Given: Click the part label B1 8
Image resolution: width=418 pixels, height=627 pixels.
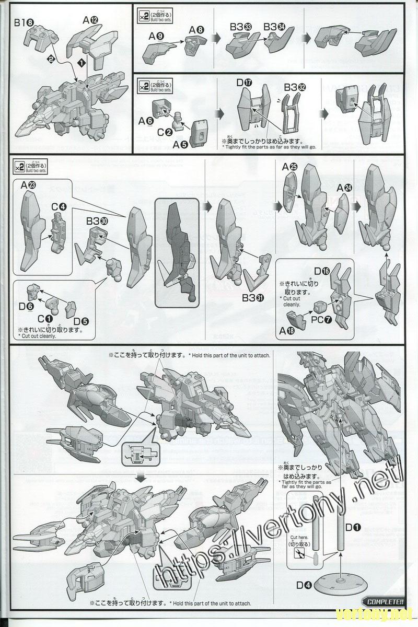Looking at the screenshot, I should click(25, 23).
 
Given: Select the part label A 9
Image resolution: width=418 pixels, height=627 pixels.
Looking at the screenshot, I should click(156, 36).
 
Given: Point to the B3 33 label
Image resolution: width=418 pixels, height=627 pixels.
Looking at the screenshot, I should click(241, 27).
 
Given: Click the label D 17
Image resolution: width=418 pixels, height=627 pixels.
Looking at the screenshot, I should click(244, 83).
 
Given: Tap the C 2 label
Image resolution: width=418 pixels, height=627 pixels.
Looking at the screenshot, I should click(165, 132).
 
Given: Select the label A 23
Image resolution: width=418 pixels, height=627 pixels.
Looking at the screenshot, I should click(29, 185).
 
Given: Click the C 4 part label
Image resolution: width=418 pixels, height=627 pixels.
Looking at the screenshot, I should click(59, 207).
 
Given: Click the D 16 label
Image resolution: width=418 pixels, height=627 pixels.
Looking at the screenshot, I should click(322, 271).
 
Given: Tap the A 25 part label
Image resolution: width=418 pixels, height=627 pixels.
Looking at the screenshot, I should click(289, 167).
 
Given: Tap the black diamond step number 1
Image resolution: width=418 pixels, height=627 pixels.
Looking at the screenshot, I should click(82, 62).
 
